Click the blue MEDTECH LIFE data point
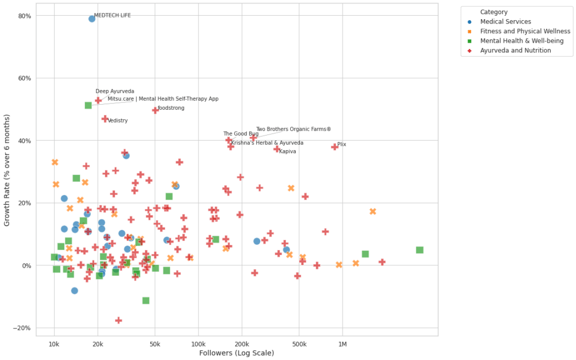(92, 19)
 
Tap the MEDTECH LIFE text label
(112, 15)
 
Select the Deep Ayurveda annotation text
(115, 91)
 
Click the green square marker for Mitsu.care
(88, 105)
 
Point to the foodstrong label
(170, 108)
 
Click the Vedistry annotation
(118, 120)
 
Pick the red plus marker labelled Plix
(335, 147)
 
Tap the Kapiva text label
(287, 151)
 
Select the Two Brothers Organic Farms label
(293, 129)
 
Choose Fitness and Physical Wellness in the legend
(525, 31)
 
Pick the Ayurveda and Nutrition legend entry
(515, 50)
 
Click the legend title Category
(494, 12)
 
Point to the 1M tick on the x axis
(342, 344)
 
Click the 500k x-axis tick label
(299, 344)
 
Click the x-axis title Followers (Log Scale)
(236, 353)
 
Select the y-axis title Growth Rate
(7, 170)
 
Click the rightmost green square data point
(419, 250)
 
